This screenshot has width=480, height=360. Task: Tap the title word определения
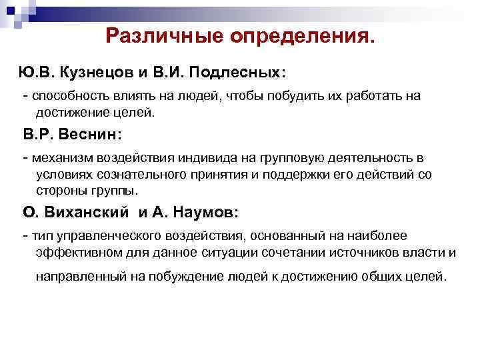pyautogui.click(x=303, y=37)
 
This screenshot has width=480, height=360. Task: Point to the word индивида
pyautogui.click(x=205, y=159)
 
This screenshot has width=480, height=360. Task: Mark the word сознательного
pyautogui.click(x=143, y=175)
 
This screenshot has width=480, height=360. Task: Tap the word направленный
pyautogui.click(x=77, y=276)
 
